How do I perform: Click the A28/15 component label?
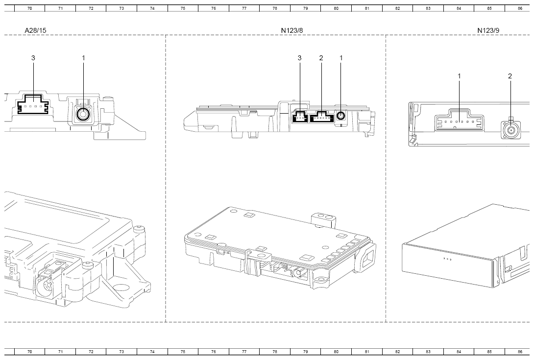click(35, 30)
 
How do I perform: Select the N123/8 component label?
click(292, 30)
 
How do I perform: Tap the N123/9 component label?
click(488, 30)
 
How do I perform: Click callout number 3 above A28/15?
click(33, 58)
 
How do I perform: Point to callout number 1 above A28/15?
click(83, 58)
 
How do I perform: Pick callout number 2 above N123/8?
click(321, 58)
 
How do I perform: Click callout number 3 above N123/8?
click(300, 58)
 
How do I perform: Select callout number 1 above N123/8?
click(341, 58)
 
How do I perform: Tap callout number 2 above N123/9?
click(510, 76)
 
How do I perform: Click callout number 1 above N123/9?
click(459, 76)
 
